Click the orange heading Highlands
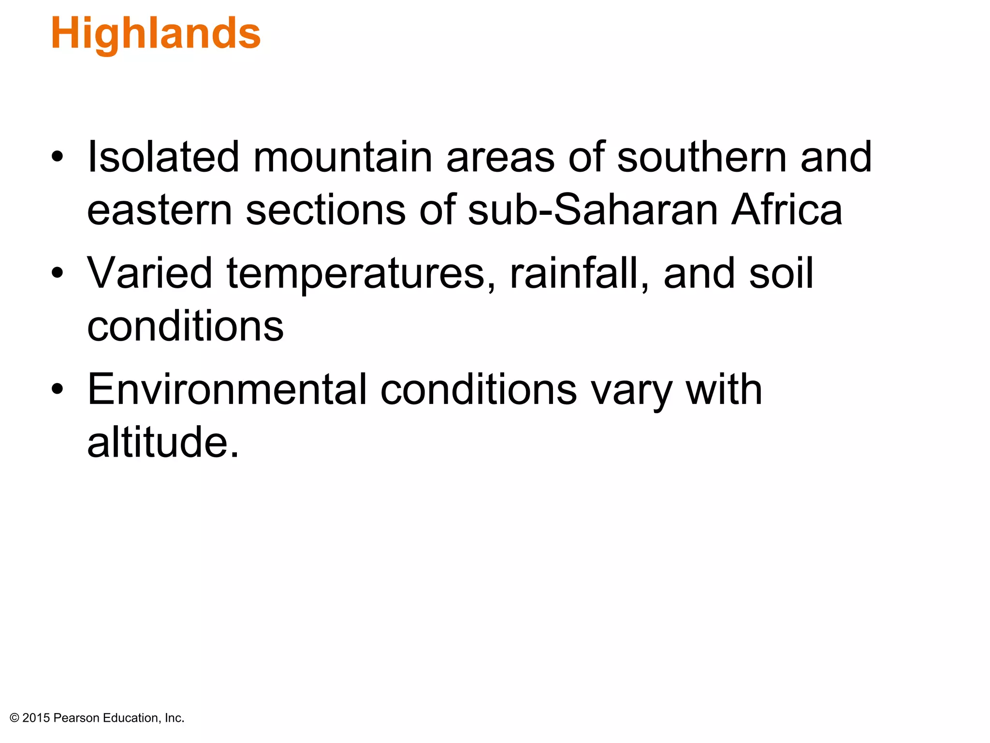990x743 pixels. pos(156,34)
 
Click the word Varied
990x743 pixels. pos(149,273)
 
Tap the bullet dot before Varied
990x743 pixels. pos(57,273)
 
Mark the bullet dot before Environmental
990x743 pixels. pos(57,389)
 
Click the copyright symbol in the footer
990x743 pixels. pos(15,718)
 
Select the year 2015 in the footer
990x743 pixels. pos(36,718)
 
